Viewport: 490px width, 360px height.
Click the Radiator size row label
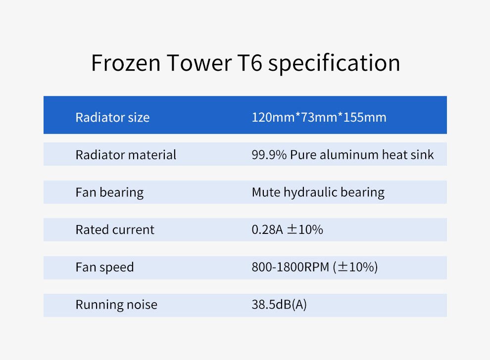point(112,118)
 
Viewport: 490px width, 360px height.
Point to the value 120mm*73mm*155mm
point(319,118)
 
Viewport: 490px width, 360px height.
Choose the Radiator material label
point(126,155)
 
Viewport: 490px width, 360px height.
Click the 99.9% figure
point(269,155)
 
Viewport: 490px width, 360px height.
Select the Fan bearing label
point(109,192)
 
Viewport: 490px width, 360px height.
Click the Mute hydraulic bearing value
point(318,192)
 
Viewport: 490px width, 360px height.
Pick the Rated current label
point(115,229)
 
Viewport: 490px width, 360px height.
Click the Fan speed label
point(104,268)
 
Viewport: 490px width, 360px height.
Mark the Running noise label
point(116,305)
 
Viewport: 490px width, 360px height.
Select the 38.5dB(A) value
point(279,305)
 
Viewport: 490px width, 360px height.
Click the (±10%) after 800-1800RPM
point(355,268)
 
